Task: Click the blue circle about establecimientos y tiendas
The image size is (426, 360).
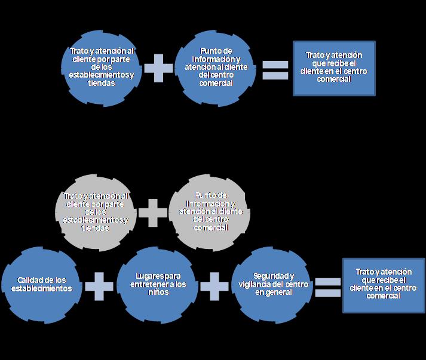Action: (101, 67)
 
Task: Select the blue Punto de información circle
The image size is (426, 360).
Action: (215, 67)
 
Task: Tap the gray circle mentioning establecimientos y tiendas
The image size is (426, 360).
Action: (95, 212)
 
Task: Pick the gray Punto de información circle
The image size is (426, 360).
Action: (209, 212)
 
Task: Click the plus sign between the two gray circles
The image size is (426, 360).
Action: (153, 212)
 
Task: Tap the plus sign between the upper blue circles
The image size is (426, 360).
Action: (158, 67)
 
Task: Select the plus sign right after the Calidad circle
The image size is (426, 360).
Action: (99, 287)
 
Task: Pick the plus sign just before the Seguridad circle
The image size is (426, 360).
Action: (214, 287)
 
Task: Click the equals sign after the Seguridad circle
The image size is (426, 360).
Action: (327, 287)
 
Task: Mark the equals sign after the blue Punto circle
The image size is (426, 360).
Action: (275, 69)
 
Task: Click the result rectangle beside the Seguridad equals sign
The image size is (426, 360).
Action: (384, 285)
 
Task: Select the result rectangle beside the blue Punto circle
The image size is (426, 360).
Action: (334, 67)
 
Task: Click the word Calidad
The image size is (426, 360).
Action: (30, 280)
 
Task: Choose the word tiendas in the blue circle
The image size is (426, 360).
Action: (101, 84)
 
